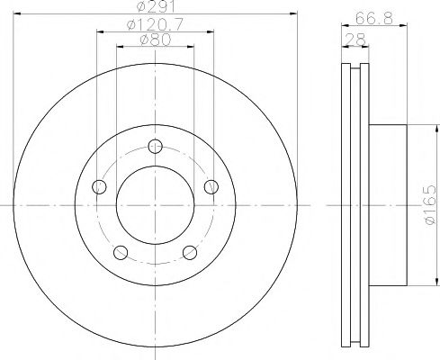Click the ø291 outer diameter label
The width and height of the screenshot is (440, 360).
[156, 7]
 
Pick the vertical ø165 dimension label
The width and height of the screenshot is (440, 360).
[429, 206]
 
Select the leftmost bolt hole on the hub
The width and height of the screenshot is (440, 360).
[100, 187]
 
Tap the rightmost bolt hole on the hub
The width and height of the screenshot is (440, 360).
[212, 187]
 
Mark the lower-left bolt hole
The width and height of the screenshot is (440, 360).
[121, 253]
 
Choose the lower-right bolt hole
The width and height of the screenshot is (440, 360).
[190, 253]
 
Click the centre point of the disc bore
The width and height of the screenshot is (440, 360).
[156, 206]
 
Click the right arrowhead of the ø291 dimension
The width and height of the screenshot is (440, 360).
[292, 15]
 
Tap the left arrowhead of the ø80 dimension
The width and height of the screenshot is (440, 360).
[121, 48]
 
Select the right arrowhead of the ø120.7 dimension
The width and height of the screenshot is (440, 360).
[215, 32]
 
